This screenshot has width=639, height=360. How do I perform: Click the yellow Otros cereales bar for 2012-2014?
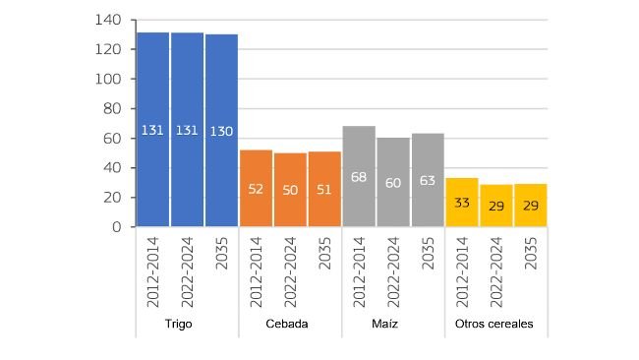pos(462,202)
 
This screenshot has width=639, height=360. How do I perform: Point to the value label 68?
pos(359,176)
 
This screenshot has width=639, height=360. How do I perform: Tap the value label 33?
pos(462,203)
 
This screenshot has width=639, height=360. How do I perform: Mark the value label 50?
pos(291,189)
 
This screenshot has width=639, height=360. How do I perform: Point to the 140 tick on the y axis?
pos(109,20)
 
